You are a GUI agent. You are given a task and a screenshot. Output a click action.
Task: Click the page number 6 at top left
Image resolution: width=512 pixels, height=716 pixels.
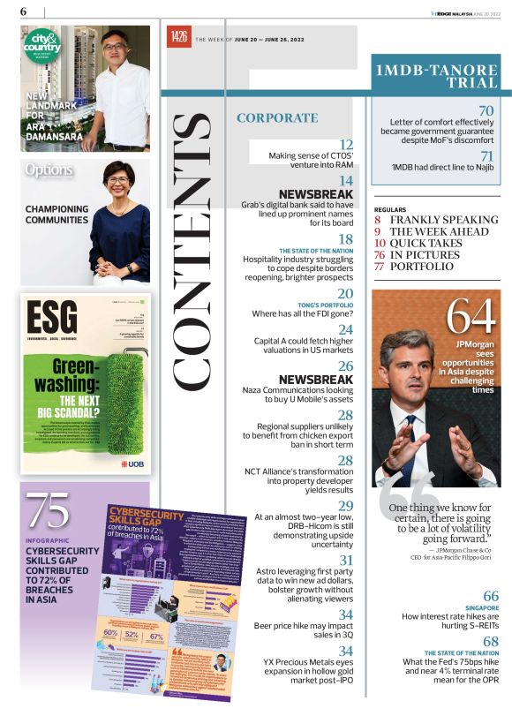tap(23, 11)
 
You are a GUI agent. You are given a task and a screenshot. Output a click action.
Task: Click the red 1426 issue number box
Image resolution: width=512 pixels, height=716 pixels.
tap(178, 37)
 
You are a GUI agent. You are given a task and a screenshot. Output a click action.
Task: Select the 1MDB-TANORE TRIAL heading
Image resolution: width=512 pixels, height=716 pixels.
tap(435, 76)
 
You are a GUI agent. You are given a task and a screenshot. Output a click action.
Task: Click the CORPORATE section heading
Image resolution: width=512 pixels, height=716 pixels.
tap(277, 117)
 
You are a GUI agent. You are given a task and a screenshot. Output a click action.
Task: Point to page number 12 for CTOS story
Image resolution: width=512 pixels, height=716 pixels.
tap(346, 144)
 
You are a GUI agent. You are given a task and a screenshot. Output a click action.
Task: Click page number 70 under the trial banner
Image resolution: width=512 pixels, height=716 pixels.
tap(485, 110)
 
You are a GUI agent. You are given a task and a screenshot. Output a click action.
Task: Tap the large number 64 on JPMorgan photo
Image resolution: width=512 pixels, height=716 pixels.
tap(469, 315)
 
